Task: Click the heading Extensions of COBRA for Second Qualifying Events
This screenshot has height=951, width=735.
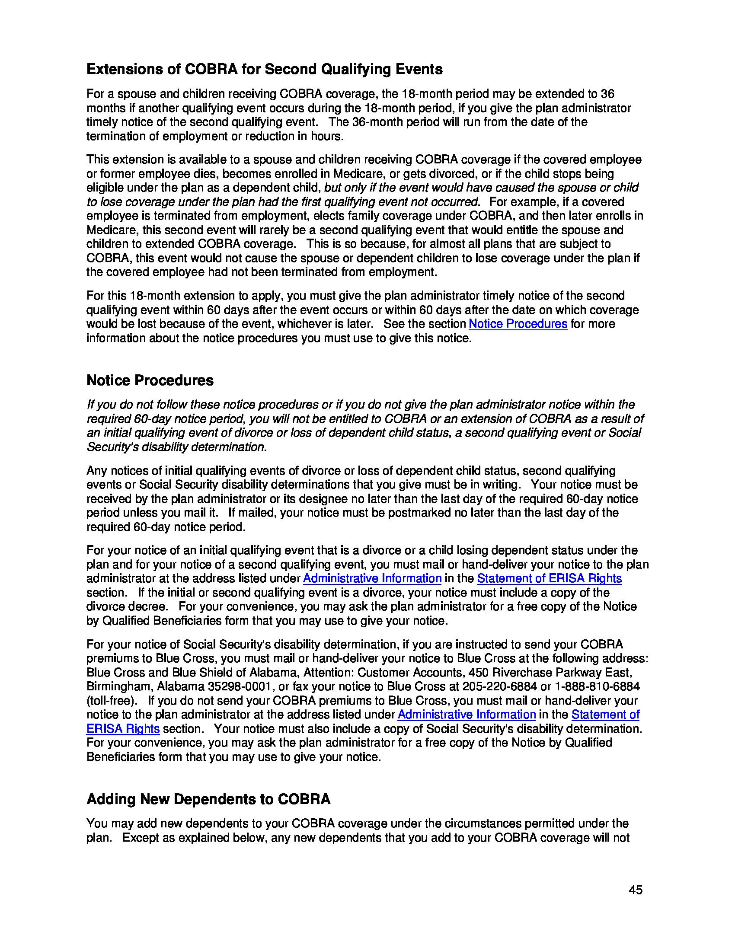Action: click(264, 69)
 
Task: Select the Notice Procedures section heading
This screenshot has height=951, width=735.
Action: click(150, 380)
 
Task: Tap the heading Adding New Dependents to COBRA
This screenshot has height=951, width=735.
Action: click(208, 799)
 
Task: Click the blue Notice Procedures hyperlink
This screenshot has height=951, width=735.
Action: click(517, 324)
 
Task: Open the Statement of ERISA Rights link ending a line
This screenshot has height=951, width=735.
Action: click(549, 578)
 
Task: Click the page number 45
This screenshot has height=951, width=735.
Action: click(635, 890)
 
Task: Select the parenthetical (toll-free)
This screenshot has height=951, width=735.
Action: click(112, 701)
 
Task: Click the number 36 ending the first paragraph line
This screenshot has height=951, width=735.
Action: click(607, 94)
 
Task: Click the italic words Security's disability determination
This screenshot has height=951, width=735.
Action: click(176, 447)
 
